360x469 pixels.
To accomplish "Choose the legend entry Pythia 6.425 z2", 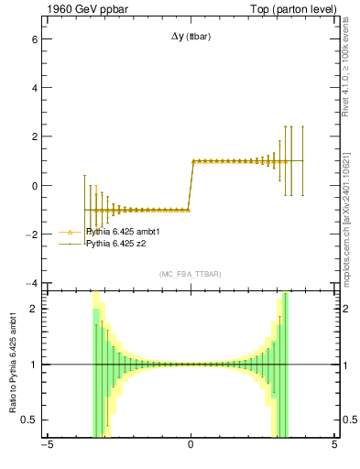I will click(x=115, y=245).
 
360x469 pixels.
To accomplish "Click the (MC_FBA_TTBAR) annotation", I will click(x=190, y=274).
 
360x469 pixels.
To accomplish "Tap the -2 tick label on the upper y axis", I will click(x=31, y=234).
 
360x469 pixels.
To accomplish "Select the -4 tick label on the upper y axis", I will click(x=31, y=283).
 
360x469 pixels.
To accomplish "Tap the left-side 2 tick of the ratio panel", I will click(x=34, y=309).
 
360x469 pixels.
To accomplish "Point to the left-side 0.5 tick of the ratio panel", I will click(x=30, y=420).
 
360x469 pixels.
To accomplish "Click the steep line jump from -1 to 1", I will click(x=191, y=185).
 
